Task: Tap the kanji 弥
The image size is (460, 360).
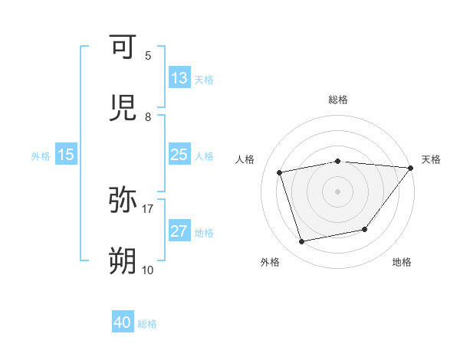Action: [123, 200]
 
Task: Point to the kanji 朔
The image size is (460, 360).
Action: [123, 261]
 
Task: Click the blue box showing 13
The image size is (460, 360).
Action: [179, 78]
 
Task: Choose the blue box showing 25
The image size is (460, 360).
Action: [179, 155]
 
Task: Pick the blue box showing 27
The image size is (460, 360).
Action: [179, 231]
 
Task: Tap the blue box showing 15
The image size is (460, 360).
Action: [65, 155]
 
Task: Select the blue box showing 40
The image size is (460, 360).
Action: [123, 322]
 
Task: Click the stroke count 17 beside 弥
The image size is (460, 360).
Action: [148, 208]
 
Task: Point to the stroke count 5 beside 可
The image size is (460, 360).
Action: [148, 55]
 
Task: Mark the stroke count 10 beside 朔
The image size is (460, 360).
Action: [148, 270]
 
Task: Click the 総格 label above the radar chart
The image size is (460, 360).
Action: [338, 100]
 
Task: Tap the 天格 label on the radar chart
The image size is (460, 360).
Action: [432, 159]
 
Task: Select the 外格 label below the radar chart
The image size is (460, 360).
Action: [269, 262]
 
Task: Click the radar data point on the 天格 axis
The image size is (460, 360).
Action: [410, 168]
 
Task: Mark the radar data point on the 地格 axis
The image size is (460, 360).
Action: [365, 229]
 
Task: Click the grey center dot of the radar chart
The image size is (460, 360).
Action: [338, 191]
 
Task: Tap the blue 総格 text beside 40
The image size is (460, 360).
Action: [148, 324]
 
